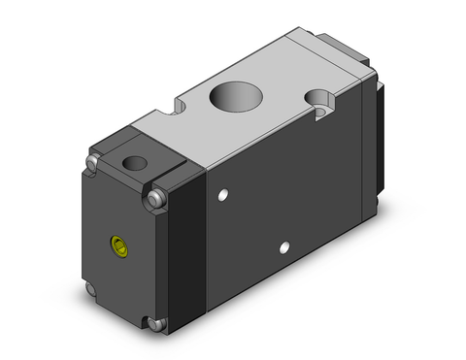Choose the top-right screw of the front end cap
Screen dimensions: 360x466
[157, 201]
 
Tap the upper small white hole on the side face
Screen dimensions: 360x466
[224, 198]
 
